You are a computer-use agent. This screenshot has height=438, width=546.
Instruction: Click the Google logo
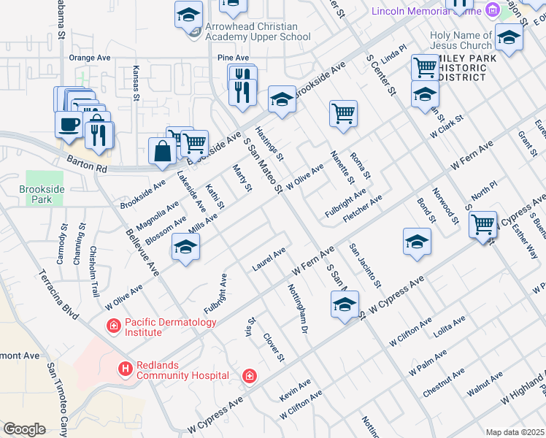[x=25, y=429]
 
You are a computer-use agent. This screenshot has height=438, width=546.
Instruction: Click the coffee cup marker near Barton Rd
[x=69, y=124]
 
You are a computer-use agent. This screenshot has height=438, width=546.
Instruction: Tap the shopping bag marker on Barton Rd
[x=162, y=151]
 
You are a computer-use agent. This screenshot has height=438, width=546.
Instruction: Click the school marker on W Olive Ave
[x=185, y=250]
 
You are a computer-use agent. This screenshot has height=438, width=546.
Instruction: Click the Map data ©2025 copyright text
[x=515, y=432]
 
